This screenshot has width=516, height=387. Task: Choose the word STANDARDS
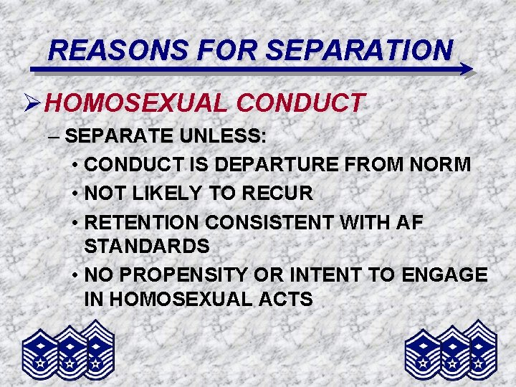tap(147, 247)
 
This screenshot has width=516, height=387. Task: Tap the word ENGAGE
tap(447, 275)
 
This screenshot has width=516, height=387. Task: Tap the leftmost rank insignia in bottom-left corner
tap(40, 355)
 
